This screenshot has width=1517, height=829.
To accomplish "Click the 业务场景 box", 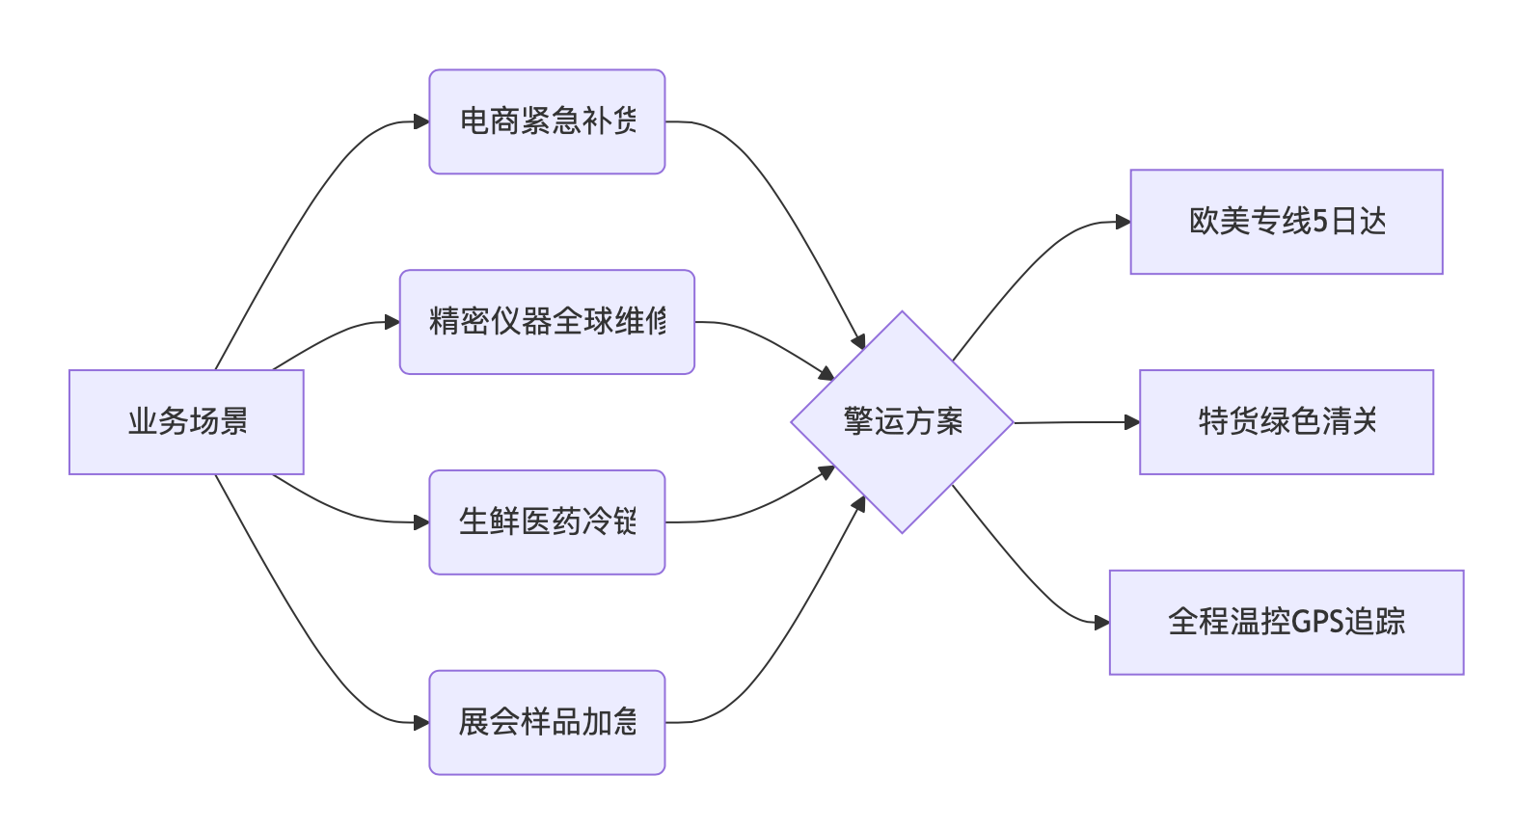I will (x=186, y=422).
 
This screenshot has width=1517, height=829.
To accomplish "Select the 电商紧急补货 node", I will (x=547, y=121).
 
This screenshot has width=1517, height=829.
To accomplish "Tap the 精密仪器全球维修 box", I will (x=547, y=322).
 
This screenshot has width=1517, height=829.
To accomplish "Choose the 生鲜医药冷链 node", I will (x=547, y=522).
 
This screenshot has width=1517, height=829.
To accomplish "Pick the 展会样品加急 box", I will (x=547, y=722).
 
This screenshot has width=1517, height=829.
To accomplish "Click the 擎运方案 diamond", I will (x=902, y=422).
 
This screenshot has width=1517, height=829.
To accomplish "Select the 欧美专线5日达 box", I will (x=1287, y=222).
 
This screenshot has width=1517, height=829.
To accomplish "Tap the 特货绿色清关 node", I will (x=1287, y=422).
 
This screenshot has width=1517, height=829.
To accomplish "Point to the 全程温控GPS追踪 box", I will (x=1287, y=622).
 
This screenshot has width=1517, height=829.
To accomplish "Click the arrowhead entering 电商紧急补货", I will (x=421, y=121).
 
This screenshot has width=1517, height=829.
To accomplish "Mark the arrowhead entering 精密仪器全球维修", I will (x=393, y=322).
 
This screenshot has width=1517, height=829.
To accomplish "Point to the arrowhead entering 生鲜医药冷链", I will (x=421, y=522).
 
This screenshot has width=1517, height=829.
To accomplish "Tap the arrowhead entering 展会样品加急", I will (x=421, y=722).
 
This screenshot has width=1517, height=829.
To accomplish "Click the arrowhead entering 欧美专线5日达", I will (x=1123, y=222).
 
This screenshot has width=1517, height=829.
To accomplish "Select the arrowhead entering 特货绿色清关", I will (x=1132, y=422).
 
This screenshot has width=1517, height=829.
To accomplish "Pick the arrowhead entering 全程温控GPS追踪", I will (x=1101, y=623).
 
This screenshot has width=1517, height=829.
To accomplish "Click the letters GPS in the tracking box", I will (x=1316, y=622).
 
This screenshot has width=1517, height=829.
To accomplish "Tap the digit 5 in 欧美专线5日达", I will (x=1320, y=222).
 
